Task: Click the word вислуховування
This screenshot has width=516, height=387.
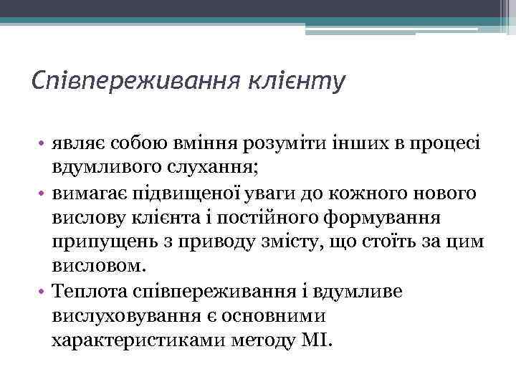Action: pyautogui.click(x=123, y=316)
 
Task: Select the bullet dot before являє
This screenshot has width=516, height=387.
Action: pyautogui.click(x=44, y=144)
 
